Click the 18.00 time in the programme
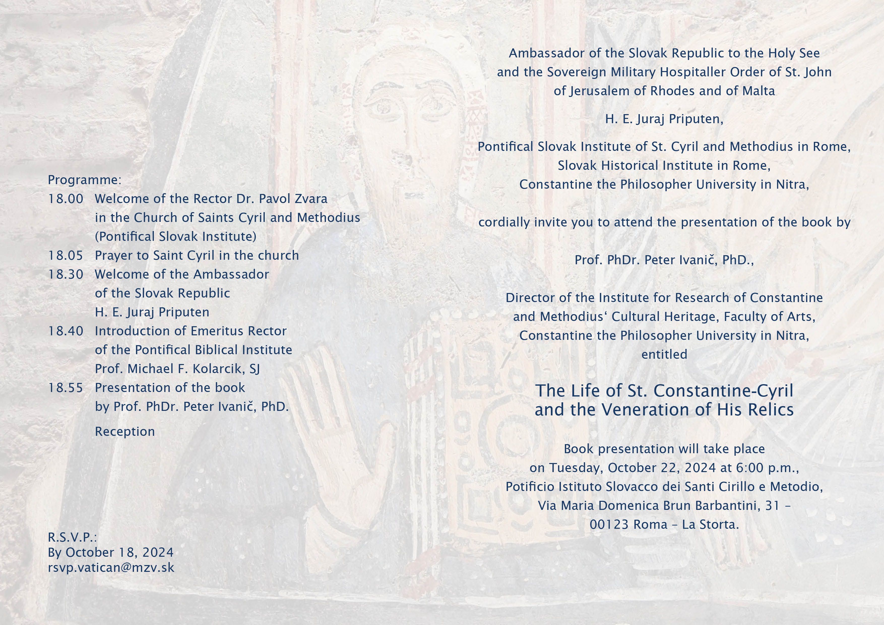[x=66, y=199]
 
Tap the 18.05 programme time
[x=66, y=255]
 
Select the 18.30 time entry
[x=66, y=274]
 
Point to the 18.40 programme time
[x=66, y=331]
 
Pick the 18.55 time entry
[x=66, y=388]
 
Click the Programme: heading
[x=85, y=180]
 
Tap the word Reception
[x=125, y=432]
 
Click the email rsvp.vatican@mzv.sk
[x=111, y=568]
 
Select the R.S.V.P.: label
[x=72, y=537]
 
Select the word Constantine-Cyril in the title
[x=723, y=391]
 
